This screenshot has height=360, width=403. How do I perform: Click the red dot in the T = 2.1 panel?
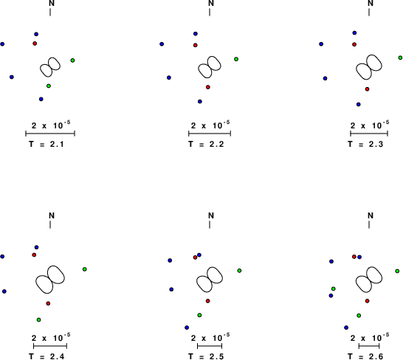[x=35, y=44]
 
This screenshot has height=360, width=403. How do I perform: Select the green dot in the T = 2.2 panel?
[x=236, y=59]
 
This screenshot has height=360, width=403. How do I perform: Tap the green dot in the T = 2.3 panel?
[x=400, y=58]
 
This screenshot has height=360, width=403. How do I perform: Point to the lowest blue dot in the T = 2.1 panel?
[x=41, y=99]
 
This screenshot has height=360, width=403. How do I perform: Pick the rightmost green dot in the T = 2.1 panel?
[x=72, y=60]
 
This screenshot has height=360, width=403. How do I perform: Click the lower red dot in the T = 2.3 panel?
[x=367, y=89]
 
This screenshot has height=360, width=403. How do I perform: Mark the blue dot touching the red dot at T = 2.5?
[x=199, y=255]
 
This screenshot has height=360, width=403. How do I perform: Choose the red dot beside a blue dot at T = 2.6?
[x=354, y=257]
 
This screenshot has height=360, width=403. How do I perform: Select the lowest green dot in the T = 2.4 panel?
[x=38, y=319]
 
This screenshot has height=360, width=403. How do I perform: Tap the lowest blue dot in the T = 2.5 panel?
[x=187, y=328]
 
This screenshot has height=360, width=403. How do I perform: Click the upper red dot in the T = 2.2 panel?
[x=196, y=45]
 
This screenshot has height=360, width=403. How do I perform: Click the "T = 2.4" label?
[x=46, y=356]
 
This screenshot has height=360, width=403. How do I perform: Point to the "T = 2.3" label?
[x=365, y=144]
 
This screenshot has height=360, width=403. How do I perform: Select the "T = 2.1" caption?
[x=46, y=144]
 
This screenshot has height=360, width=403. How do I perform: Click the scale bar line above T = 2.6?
[x=369, y=346]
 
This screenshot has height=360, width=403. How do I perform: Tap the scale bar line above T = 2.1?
[x=50, y=134]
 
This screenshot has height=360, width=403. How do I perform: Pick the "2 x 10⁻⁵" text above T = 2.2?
[x=210, y=125]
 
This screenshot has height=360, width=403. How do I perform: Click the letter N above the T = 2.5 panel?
[x=211, y=215]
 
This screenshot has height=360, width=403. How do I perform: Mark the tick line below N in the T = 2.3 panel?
[x=369, y=12]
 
